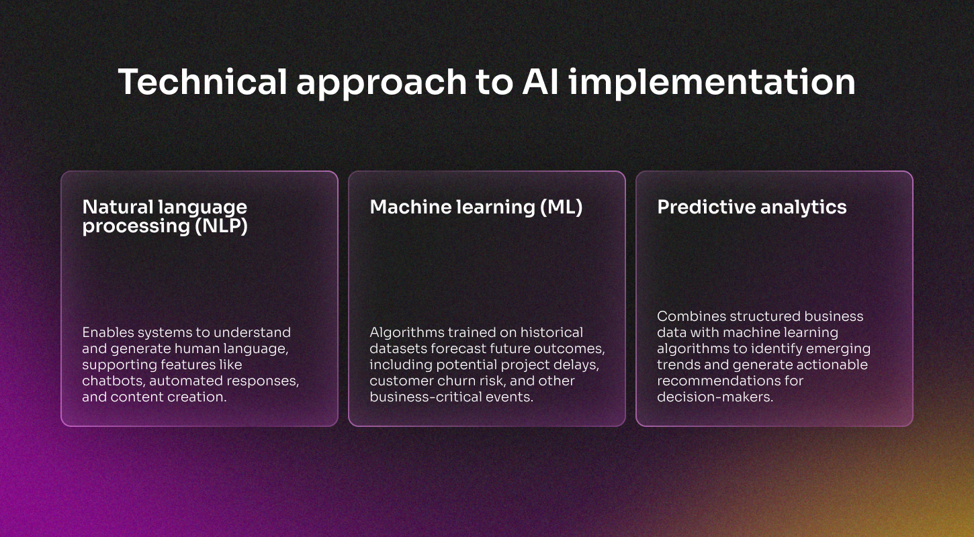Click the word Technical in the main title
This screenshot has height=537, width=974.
(202, 82)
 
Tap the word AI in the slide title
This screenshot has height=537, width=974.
(541, 82)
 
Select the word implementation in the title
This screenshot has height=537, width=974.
(712, 83)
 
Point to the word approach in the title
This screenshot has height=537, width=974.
(382, 83)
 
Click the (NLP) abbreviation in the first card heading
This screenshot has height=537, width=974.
(221, 226)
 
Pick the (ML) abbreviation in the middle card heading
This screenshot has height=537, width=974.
(561, 207)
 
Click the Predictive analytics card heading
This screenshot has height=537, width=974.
(752, 207)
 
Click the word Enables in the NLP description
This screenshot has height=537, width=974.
(108, 332)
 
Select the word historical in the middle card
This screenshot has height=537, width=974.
(551, 332)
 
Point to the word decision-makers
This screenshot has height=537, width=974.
(715, 397)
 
